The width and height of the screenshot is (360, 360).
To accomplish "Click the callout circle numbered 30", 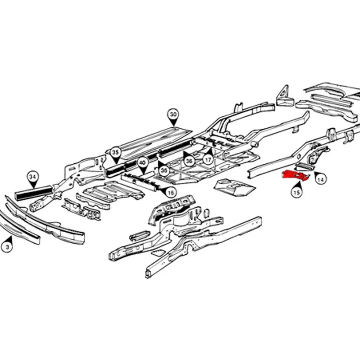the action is pyautogui.click(x=173, y=114).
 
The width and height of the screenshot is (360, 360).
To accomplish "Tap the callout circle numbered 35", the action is pyautogui.click(x=115, y=152).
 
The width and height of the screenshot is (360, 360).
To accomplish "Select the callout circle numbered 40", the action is pyautogui.click(x=143, y=163).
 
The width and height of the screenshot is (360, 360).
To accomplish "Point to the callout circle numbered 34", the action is pyautogui.click(x=33, y=177).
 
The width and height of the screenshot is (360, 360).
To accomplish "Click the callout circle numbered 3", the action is pyautogui.click(x=7, y=247).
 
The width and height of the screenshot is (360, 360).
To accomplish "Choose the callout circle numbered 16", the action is pyautogui.click(x=170, y=193).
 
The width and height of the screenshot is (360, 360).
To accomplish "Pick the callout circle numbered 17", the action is pyautogui.click(x=208, y=160).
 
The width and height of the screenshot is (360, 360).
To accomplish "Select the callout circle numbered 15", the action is pyautogui.click(x=296, y=192).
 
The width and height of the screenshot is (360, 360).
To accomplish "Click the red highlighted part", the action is pyautogui.click(x=295, y=175).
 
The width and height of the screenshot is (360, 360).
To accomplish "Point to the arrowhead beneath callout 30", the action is pyautogui.click(x=174, y=123).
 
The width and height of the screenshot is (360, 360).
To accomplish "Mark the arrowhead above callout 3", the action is pyautogui.click(x=10, y=239).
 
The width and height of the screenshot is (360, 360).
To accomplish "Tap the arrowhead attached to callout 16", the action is pyautogui.click(x=162, y=189).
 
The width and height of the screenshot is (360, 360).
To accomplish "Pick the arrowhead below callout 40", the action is pyautogui.click(x=143, y=171).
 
